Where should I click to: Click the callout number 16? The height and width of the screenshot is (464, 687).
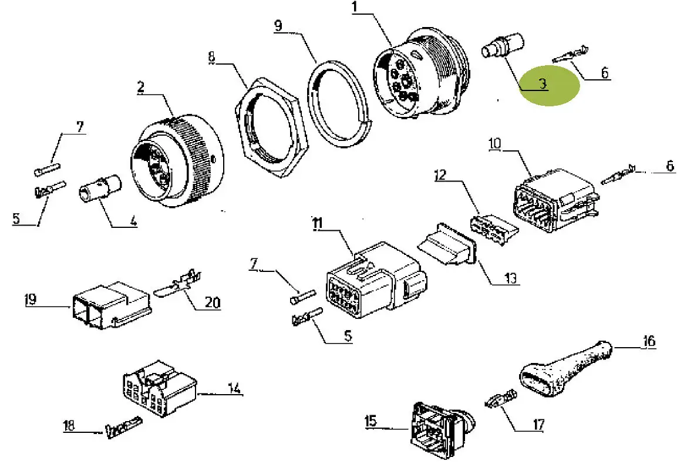tap(649, 341)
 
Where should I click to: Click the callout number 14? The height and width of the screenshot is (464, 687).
tap(234, 388)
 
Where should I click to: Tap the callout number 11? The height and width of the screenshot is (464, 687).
tap(317, 223)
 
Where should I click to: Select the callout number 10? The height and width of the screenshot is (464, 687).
tap(494, 143)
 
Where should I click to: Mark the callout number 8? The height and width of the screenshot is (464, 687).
tap(212, 58)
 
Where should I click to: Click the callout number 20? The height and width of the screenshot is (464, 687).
tap(212, 303)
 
